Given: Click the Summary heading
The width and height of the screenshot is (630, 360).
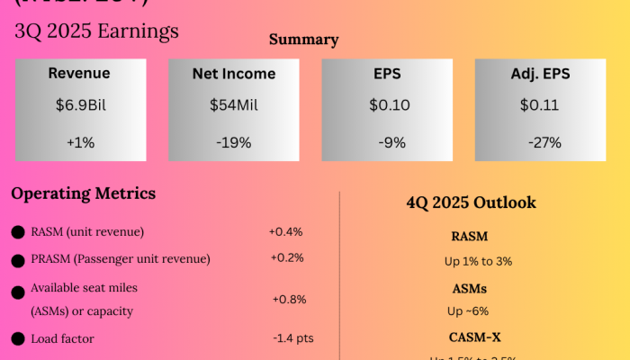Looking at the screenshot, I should [304, 40].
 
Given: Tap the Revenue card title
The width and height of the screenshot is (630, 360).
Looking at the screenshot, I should [79, 74].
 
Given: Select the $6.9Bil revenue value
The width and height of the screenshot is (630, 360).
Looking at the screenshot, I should [79, 105].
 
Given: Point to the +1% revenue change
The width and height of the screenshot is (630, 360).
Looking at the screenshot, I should [79, 142].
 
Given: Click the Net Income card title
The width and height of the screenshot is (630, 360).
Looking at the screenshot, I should [234, 74].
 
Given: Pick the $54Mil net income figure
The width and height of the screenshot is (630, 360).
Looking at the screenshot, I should [234, 105].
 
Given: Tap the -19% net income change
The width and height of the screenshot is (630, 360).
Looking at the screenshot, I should [234, 142].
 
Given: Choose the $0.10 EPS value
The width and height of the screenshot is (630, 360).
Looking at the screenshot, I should [389, 105].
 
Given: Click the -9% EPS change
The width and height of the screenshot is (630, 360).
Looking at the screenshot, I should [389, 142].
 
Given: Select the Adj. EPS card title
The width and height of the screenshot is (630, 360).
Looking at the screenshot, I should [539, 74].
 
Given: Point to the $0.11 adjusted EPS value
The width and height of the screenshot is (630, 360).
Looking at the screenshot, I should [539, 105].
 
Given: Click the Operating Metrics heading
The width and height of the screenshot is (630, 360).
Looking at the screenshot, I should [84, 193].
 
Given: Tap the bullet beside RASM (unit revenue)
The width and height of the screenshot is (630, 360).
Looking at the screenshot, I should [18, 232].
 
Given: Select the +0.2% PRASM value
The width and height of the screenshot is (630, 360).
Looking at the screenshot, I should [287, 258].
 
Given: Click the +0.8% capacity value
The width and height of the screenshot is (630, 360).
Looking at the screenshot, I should [288, 299].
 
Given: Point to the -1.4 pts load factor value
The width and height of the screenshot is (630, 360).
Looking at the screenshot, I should [292, 338].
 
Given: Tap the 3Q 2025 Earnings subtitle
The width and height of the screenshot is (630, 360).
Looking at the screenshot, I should [96, 31].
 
